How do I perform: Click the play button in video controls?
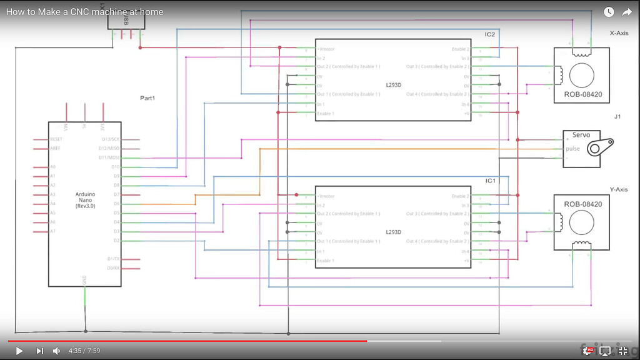coord(19,351)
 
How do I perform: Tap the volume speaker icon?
coord(56,351)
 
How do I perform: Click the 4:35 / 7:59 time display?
coord(84,351)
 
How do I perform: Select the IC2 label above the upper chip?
coord(490,34)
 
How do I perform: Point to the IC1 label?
coord(490,181)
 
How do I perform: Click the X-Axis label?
coord(619,33)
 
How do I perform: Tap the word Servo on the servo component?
coord(581,135)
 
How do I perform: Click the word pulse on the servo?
coord(572,149)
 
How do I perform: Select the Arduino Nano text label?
coord(85,200)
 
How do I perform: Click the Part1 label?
coord(147,98)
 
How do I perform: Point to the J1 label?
coord(617,117)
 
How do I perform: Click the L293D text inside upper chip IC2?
coord(393,86)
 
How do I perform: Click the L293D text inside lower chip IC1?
coord(393,232)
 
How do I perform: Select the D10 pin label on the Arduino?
coord(115,167)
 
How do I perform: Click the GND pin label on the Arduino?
coord(85,279)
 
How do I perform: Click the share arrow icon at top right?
coord(627,12)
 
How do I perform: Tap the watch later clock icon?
coord(609,12)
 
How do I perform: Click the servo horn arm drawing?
coord(590,149)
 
